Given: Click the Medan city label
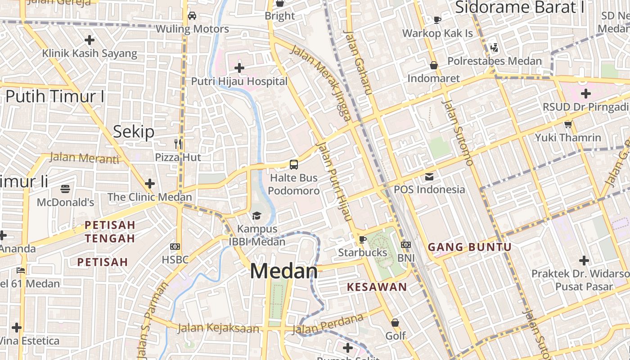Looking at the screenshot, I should coord(284,271).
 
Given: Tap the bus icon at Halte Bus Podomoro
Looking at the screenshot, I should coord(294,165).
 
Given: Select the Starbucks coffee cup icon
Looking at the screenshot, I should coord(363,239).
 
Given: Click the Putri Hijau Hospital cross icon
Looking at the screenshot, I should coord(239,68).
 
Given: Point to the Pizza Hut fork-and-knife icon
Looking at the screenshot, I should coord(178,144).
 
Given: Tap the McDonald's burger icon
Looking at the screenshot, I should coord(66,189).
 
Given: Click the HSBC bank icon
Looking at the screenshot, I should coord(175,247).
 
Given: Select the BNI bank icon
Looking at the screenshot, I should coord(406,245).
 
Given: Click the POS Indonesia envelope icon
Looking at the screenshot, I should coord(429,176).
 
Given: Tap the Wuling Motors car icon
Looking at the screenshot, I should coord(192,16).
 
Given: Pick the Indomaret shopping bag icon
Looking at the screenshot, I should coord(434,65).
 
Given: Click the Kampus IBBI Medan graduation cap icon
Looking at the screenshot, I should coord(256,216).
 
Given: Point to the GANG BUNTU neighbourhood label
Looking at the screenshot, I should coord(469,247).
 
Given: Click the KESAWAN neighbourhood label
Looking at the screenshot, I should coord(377,287).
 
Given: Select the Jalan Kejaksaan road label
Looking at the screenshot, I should coord(219,328).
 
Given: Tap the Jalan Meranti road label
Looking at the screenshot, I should coord(84,157).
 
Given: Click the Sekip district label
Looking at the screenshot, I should coord(134,131).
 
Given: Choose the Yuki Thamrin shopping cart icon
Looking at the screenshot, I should coord(568,124).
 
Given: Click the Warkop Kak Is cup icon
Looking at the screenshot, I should coord(437,20).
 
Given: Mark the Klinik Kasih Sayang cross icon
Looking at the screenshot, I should coord(90,40).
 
